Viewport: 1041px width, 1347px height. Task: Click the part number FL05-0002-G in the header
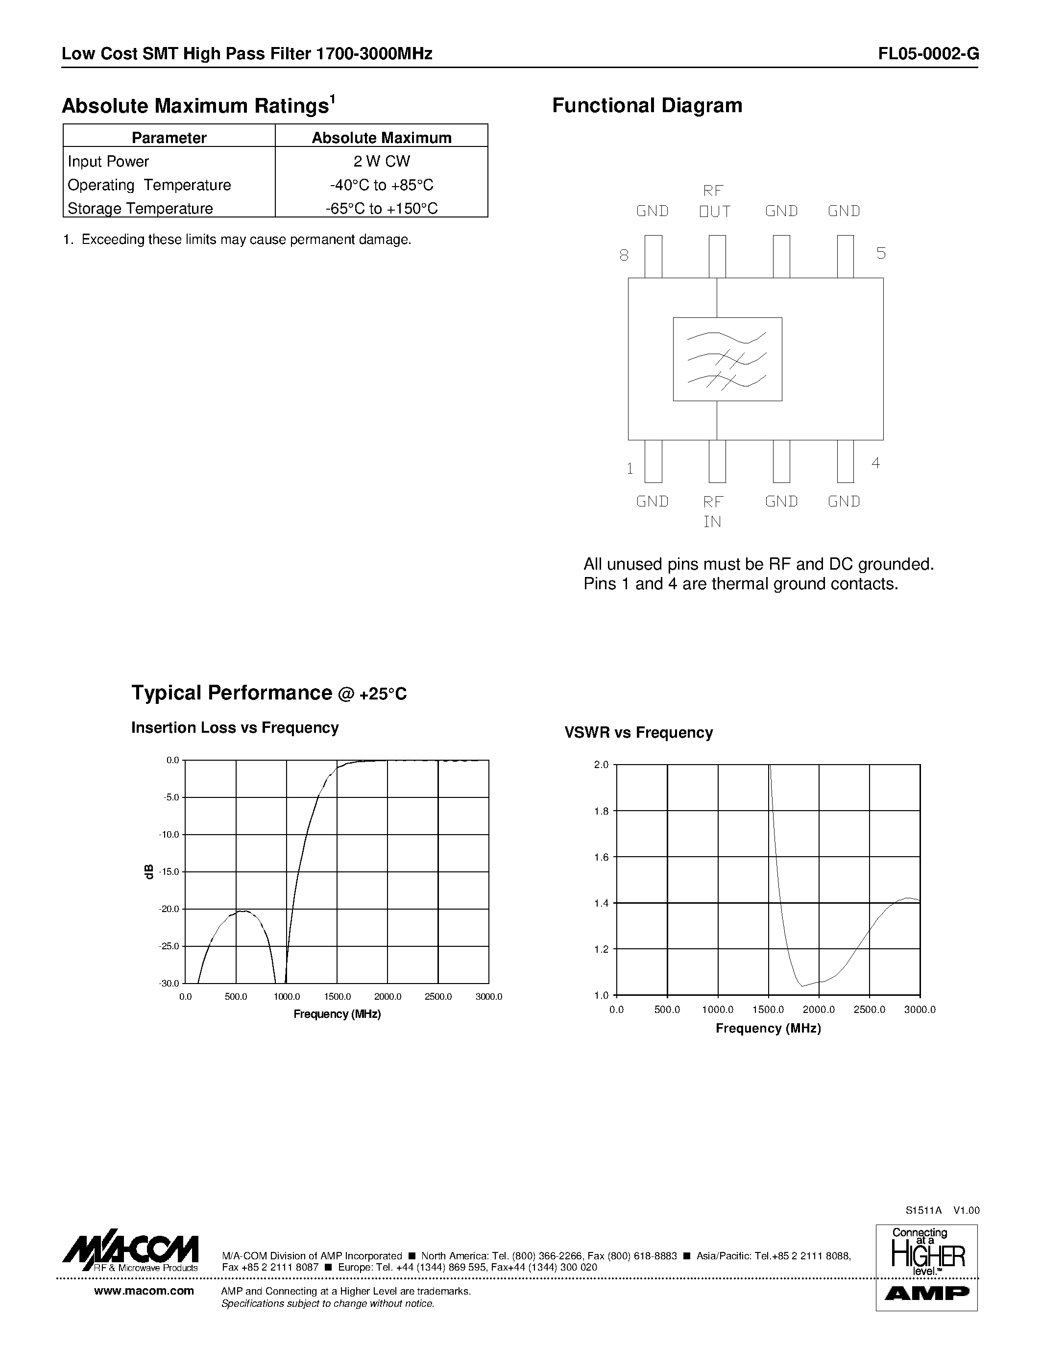[x=928, y=54]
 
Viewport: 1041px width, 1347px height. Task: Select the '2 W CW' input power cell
[x=381, y=162]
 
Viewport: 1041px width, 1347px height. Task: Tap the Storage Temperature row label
[x=140, y=209]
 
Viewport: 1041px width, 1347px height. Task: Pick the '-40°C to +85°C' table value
[x=381, y=185]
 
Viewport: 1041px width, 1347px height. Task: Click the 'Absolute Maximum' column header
[x=381, y=138]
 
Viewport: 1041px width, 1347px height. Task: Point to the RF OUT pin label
[x=714, y=201]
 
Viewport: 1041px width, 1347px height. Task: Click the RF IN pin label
[x=713, y=511]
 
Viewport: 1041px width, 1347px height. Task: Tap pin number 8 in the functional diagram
[x=624, y=255]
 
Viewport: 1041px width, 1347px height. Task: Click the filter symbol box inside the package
[x=727, y=359]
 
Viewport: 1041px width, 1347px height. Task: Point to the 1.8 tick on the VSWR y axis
[x=601, y=811]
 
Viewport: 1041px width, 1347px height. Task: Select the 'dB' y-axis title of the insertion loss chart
[x=148, y=871]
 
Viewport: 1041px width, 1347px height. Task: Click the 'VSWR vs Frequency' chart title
[x=638, y=733]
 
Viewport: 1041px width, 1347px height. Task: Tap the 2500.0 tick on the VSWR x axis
[x=869, y=1010]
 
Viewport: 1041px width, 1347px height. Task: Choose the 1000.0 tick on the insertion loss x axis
[x=287, y=997]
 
